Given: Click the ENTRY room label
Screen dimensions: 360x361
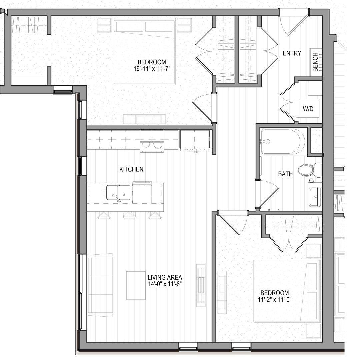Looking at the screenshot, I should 292,53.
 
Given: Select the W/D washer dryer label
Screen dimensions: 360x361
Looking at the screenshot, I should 308,109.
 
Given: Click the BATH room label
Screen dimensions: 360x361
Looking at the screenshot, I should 285,174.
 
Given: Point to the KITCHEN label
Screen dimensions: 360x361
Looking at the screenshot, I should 131,169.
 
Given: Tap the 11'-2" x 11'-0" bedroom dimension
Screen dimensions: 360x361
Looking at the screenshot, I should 275,299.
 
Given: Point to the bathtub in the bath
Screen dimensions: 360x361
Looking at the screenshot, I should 283,141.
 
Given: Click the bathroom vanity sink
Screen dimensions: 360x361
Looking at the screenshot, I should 315,197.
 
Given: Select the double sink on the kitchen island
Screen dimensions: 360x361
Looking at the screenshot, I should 118,193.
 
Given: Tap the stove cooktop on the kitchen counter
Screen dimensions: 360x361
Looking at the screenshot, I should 152,145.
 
